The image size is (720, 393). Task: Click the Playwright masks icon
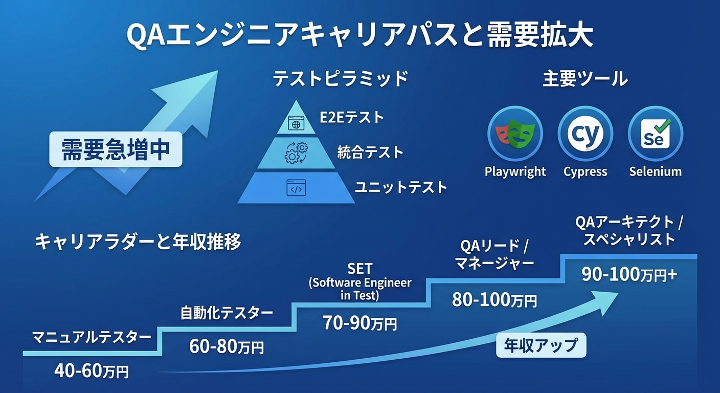tap(515, 134)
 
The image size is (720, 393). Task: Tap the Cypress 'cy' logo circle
tap(585, 134)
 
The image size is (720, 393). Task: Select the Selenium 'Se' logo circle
tap(655, 134)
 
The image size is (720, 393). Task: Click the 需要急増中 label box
tap(116, 149)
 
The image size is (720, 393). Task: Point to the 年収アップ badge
tap(541, 345)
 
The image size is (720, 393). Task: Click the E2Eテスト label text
tap(352, 117)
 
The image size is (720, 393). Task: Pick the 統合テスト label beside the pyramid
tap(370, 152)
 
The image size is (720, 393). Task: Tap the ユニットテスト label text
tap(401, 187)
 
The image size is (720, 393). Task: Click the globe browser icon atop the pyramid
tap(296, 123)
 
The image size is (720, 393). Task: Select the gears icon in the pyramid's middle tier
tap(296, 152)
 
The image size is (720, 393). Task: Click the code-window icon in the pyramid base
tap(296, 187)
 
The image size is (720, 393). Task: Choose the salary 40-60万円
tap(92, 371)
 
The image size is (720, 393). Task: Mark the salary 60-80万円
tap(227, 347)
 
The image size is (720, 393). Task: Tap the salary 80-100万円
tap(494, 299)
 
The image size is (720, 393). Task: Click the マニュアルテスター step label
tap(92, 337)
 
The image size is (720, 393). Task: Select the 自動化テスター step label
tap(227, 313)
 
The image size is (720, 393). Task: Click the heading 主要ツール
tap(585, 79)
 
